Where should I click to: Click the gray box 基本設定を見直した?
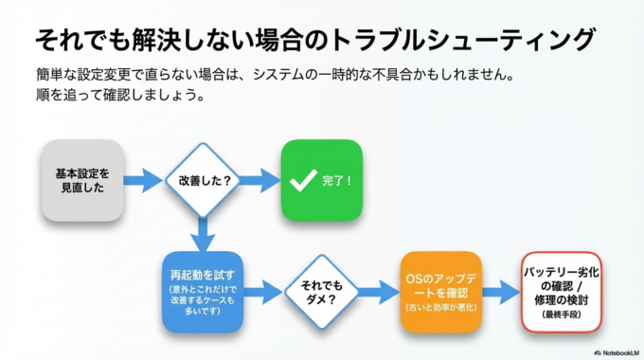click(x=82, y=180)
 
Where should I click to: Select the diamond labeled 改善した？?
click(x=201, y=180)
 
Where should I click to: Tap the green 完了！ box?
click(x=321, y=180)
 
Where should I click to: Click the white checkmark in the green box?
click(x=302, y=180)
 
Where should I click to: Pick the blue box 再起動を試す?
click(x=203, y=291)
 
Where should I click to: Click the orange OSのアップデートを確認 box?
click(x=440, y=291)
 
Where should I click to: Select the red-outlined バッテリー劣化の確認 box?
click(x=562, y=291)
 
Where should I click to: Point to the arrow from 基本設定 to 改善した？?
click(x=143, y=180)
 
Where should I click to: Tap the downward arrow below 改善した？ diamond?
click(x=201, y=233)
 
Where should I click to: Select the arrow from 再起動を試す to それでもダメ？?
click(x=263, y=292)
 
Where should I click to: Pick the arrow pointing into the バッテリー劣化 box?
click(x=501, y=292)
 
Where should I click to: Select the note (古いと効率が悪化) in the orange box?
click(x=440, y=309)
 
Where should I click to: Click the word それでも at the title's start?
click(x=76, y=39)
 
